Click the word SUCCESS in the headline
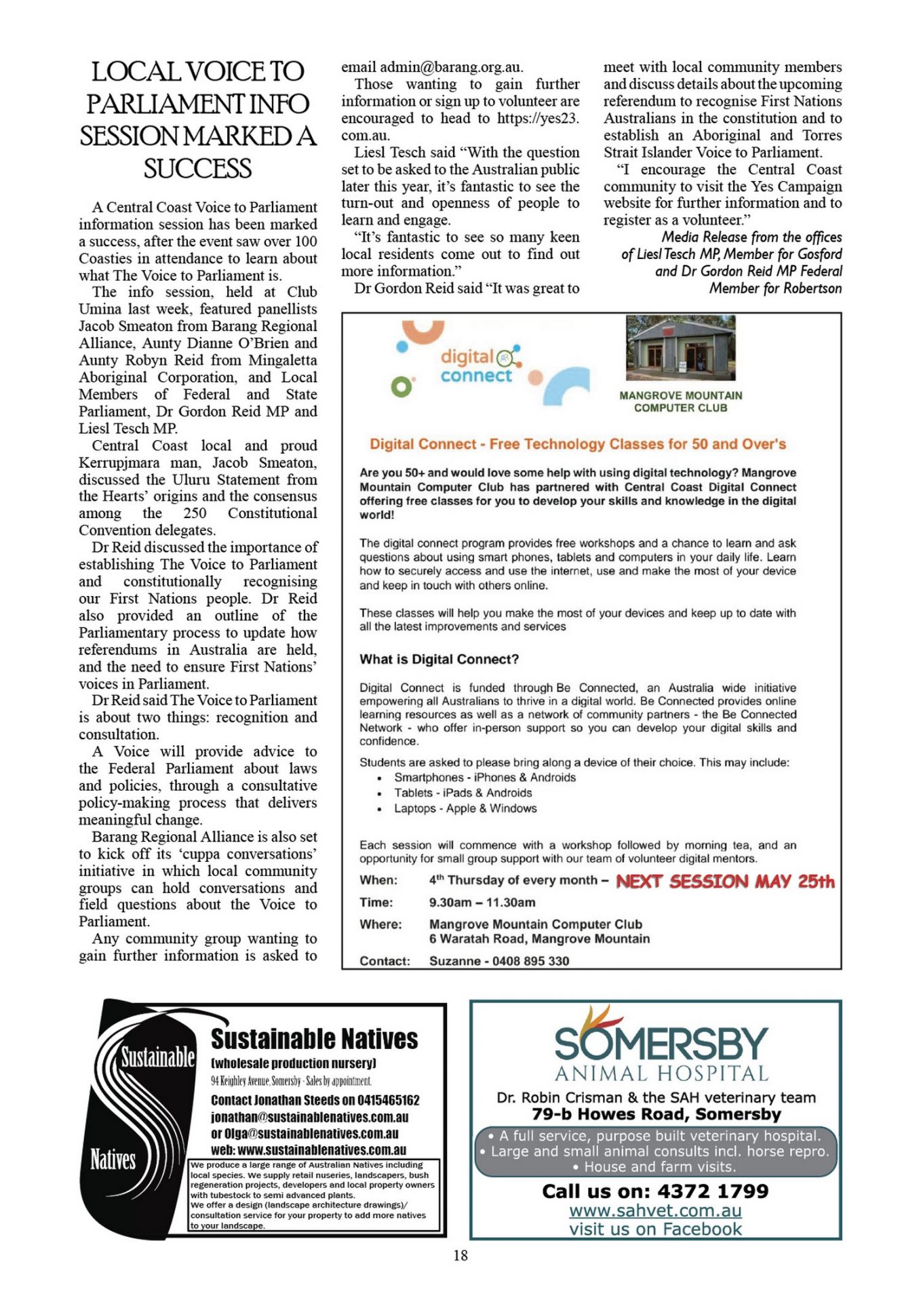point(197,169)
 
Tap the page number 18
point(460,1255)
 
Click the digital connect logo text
point(477,366)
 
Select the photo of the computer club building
point(680,348)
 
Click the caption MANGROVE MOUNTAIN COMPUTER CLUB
point(680,401)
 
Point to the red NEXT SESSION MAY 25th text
point(725,881)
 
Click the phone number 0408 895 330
point(530,961)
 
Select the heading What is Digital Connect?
point(439,659)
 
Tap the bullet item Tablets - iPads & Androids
point(463,793)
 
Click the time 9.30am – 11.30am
point(482,903)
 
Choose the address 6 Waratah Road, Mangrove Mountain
point(539,939)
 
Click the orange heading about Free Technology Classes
point(578,444)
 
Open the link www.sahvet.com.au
point(655,1210)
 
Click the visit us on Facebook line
point(655,1229)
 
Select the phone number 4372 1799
point(713,1191)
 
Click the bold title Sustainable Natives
point(314,1039)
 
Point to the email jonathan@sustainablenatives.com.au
point(309,1117)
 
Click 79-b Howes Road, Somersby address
point(657,1114)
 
